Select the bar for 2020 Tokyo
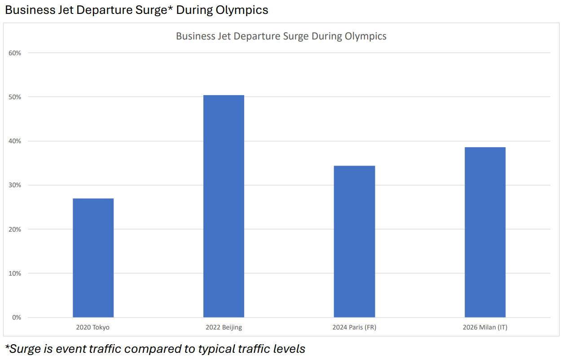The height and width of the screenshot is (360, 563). [x=93, y=258]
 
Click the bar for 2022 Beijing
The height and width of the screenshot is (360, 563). [x=224, y=206]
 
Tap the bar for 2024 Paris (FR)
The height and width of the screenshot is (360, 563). [x=354, y=241]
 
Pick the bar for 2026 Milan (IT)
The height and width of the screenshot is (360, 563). [x=485, y=232]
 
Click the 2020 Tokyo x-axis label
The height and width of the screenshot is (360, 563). [x=93, y=327]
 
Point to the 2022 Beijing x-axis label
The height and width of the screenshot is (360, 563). [x=224, y=327]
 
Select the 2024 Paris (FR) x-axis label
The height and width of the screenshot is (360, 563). [x=354, y=327]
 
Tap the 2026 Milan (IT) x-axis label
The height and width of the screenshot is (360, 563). [x=485, y=327]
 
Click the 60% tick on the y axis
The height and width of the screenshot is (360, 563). [x=15, y=53]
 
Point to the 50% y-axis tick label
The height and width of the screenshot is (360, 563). [x=15, y=97]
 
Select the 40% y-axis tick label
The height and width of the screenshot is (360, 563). [x=15, y=141]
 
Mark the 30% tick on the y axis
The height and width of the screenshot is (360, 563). [x=15, y=185]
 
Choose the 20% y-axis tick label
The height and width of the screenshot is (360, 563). [x=15, y=229]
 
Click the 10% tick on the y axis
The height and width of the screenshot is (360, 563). [x=15, y=273]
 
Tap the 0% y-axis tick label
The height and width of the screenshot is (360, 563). [x=17, y=317]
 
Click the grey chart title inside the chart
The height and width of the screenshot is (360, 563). [x=281, y=36]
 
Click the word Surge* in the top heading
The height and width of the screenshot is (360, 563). [x=152, y=10]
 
